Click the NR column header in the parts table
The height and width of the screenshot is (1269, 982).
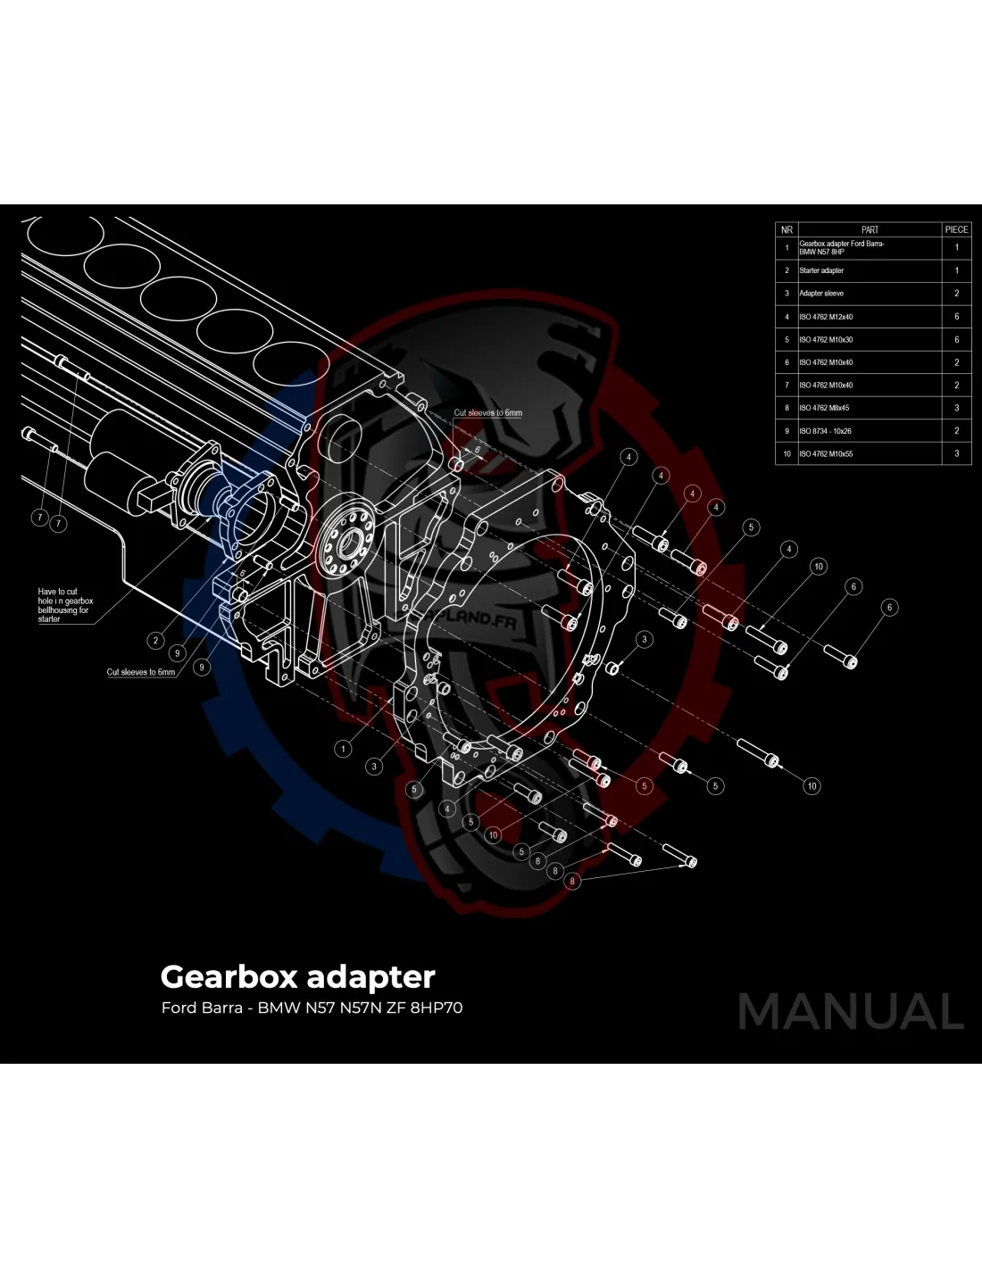(x=786, y=229)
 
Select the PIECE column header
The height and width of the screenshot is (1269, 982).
(x=956, y=229)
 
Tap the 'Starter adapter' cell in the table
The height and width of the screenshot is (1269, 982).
(x=821, y=270)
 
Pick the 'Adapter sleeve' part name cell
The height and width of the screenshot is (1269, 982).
(x=821, y=294)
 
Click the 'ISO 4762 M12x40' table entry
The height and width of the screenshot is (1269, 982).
(x=826, y=317)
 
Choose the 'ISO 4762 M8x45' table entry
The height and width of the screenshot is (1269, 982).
(x=824, y=408)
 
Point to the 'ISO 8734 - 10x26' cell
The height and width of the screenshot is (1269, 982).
(x=825, y=431)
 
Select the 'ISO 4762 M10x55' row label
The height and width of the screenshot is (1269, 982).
(x=826, y=454)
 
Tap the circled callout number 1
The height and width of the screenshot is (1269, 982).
(x=344, y=749)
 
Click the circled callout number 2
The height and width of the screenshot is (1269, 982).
(x=156, y=640)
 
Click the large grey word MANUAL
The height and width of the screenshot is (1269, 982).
(x=851, y=1011)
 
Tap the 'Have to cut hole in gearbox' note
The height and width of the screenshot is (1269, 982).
(x=64, y=605)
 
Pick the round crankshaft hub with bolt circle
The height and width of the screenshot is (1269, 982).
(x=345, y=540)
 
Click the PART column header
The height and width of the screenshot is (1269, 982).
(x=870, y=229)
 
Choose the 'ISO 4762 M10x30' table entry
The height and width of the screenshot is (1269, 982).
(x=826, y=340)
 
